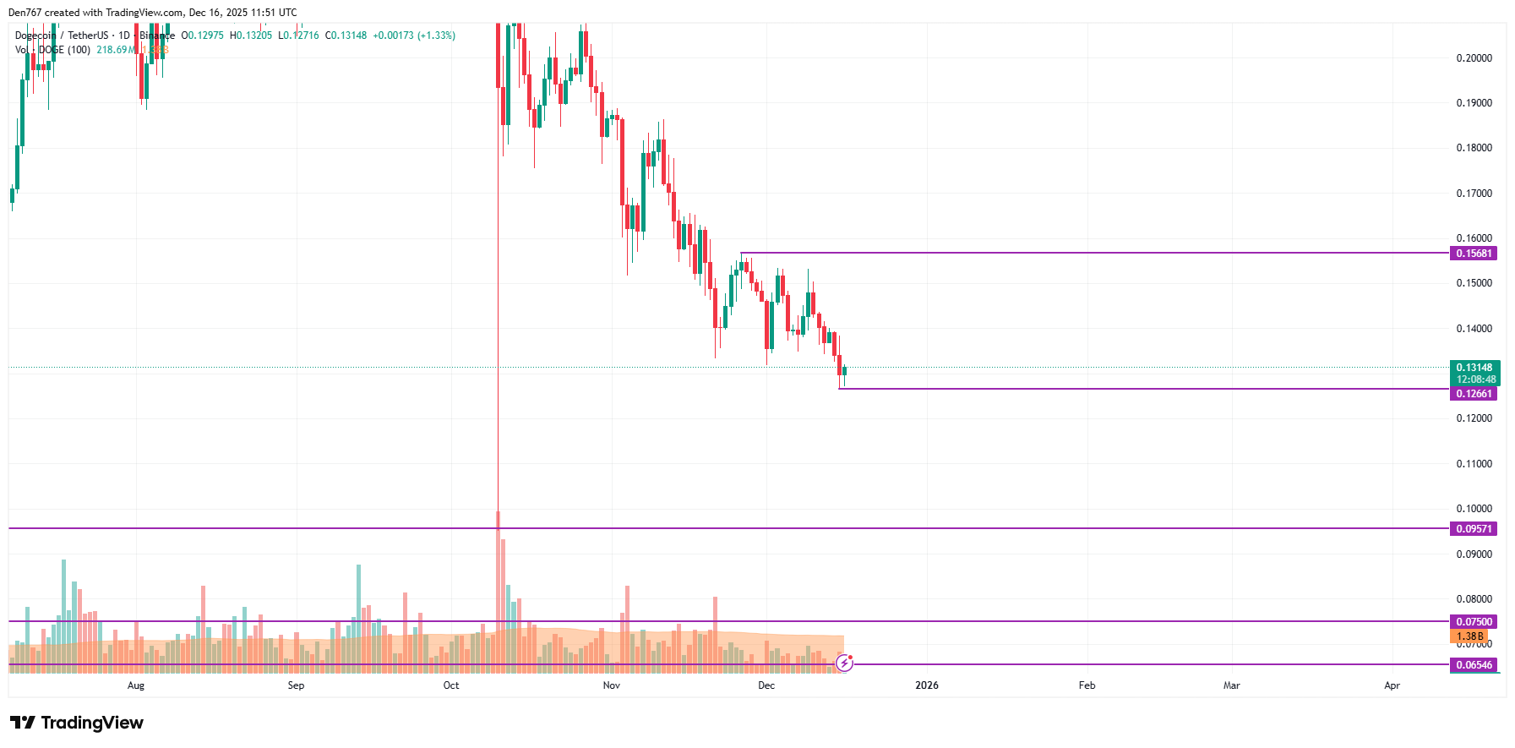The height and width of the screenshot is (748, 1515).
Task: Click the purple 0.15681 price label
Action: pos(1474,254)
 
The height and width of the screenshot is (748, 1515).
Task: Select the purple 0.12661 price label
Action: pos(1474,394)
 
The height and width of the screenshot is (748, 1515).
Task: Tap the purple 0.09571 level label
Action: pos(1474,529)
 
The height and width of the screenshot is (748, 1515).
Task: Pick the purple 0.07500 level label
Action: pos(1474,622)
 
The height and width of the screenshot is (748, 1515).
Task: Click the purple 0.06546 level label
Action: pos(1474,665)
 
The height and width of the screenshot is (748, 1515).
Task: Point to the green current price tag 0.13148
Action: pos(1474,368)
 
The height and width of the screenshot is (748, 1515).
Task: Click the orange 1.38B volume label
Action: pos(1469,636)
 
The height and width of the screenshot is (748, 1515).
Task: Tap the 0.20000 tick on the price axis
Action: pos(1474,58)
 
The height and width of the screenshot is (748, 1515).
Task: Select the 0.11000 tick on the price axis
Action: pos(1474,464)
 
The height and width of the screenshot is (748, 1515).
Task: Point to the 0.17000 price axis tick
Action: pos(1474,194)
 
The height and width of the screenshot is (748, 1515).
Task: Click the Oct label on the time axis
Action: pos(451,685)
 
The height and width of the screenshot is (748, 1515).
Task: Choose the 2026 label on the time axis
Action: pos(927,685)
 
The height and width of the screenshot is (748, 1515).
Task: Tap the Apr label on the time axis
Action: pos(1392,685)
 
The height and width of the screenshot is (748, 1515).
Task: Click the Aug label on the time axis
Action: pos(136,685)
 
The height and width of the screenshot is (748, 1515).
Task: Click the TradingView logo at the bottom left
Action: pos(77,723)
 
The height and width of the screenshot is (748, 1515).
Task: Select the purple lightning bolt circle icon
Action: pos(844,663)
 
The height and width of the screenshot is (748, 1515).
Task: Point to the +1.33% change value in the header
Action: pos(436,35)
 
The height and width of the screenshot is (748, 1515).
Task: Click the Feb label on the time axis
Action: pos(1087,685)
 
